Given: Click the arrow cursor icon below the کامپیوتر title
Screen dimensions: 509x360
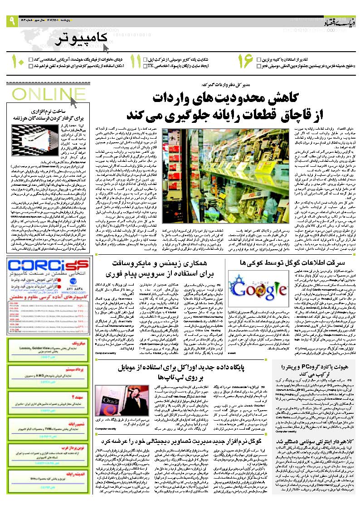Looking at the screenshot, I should pos(106,48).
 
